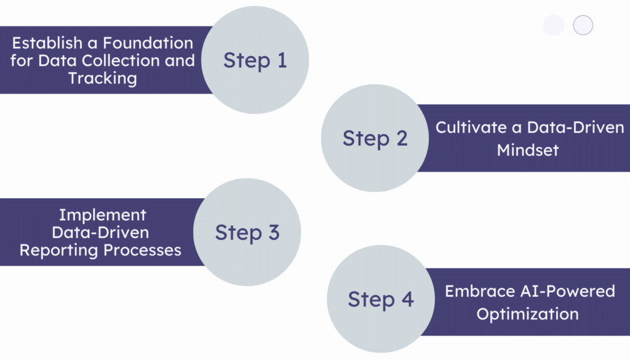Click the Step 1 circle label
255,60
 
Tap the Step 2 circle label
375,138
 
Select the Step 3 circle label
247,233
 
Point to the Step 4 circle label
380,300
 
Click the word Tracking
102,79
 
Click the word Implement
102,215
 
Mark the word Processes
145,250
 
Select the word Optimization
527,314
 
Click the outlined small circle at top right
583,25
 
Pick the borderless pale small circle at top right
554,25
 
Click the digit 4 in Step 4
407,300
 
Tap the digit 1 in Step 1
281,60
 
